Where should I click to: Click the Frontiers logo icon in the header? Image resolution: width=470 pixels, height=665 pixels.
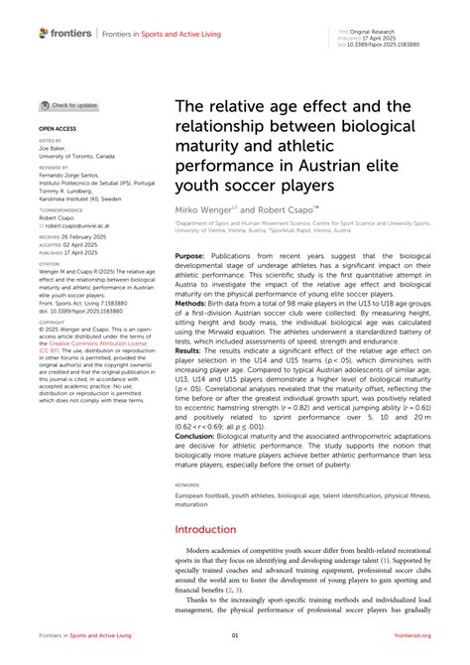[x=43, y=33]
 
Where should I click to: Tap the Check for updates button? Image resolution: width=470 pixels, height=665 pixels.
[x=68, y=104]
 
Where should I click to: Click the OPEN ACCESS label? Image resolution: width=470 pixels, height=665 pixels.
[x=57, y=129]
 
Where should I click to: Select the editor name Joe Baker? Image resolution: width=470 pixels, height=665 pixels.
[x=52, y=149]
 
